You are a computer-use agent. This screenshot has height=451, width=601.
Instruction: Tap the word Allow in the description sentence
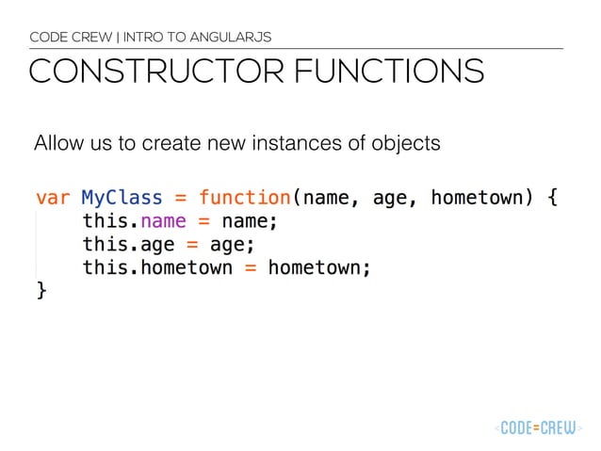click(x=56, y=145)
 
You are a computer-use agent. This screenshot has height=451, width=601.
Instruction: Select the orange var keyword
click(x=53, y=199)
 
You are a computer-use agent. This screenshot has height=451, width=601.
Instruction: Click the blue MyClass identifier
click(x=122, y=199)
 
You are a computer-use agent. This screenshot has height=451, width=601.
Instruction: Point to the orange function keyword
click(x=244, y=199)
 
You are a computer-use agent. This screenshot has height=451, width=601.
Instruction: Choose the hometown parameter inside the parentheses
click(x=477, y=199)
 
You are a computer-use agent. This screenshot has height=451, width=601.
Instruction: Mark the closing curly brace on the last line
click(x=41, y=291)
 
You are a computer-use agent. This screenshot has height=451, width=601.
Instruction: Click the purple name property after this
click(x=163, y=222)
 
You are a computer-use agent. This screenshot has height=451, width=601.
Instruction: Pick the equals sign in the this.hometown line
click(x=251, y=268)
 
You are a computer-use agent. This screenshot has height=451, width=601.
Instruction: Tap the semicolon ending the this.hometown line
click(x=366, y=269)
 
